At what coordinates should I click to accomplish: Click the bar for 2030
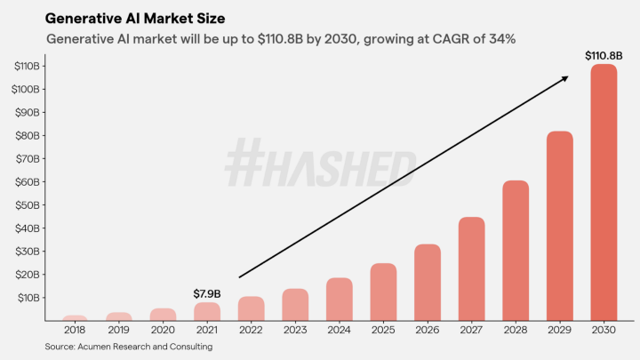pyautogui.click(x=604, y=191)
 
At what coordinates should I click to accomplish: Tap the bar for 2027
pyautogui.click(x=471, y=268)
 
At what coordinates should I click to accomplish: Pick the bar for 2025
pyautogui.click(x=383, y=291)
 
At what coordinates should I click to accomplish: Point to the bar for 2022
pyautogui.click(x=252, y=308)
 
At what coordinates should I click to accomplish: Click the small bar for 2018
pyautogui.click(x=76, y=317)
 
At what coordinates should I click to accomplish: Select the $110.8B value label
pyautogui.click(x=603, y=55)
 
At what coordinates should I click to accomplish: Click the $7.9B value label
pyautogui.click(x=207, y=293)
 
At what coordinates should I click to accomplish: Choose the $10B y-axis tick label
pyautogui.click(x=29, y=297)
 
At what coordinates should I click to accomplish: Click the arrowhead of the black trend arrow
pyautogui.click(x=565, y=78)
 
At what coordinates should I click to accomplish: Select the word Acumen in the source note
pyautogui.click(x=100, y=347)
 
